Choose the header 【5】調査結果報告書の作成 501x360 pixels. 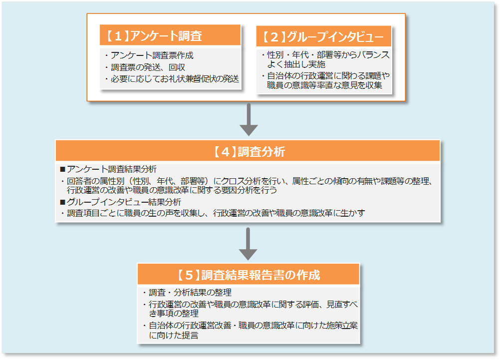point(249,275)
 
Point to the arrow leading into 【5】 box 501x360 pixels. point(248,244)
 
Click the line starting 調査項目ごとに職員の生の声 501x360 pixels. point(215,213)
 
